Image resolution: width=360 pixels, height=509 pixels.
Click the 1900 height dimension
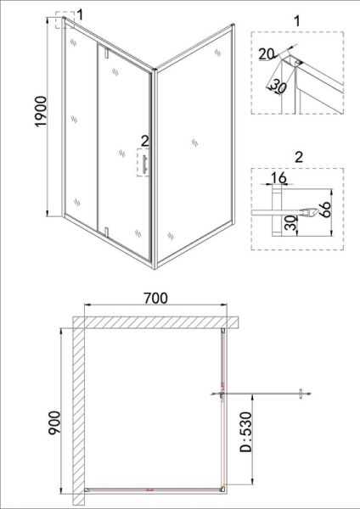pos(42,112)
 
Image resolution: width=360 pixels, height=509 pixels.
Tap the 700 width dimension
pos(155,299)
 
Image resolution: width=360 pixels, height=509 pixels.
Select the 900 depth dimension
pos(54,422)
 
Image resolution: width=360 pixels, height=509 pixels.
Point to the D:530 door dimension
pos(245,432)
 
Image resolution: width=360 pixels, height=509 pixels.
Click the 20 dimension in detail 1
pos(267,54)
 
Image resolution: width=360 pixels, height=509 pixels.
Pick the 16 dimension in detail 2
pos(278,178)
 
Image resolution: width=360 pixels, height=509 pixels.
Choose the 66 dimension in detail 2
pos(324,210)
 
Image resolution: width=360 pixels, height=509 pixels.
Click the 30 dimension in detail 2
pos(292,223)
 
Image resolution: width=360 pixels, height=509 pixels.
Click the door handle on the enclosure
pos(144,163)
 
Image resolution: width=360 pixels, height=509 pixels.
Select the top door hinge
pos(106,53)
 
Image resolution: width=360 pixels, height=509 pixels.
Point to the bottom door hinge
pos(106,231)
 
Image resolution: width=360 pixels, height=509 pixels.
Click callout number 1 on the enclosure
pos(81,14)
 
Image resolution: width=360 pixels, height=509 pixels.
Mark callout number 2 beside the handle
pos(145,141)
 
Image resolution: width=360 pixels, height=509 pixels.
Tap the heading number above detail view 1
pos(297,21)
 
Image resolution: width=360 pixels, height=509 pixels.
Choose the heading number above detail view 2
pos(299,157)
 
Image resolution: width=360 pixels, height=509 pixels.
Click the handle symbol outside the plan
pos(301,394)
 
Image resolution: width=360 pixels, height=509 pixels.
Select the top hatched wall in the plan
pos(156,322)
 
